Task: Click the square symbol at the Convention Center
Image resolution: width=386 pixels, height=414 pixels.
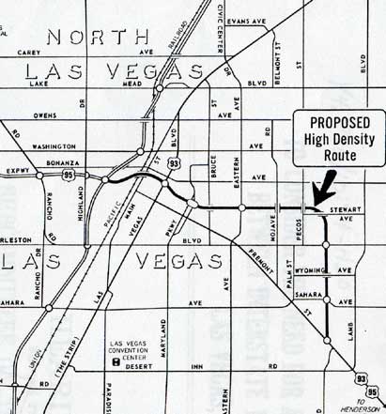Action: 115,360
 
